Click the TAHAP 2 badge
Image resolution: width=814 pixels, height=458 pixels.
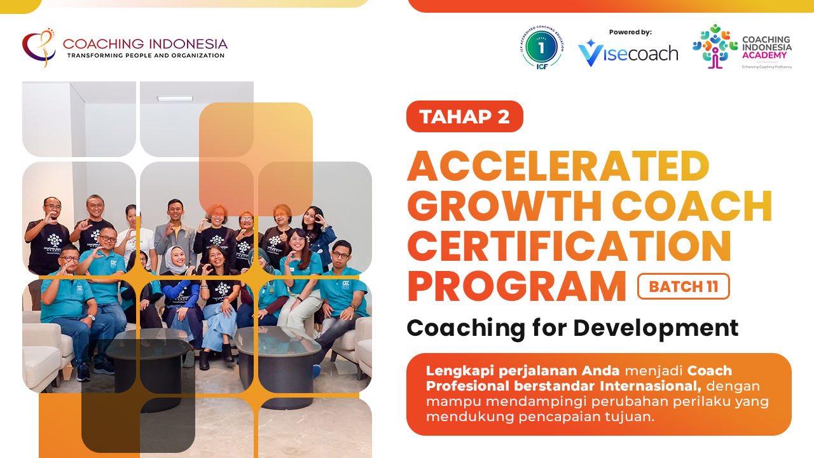[x=464, y=116]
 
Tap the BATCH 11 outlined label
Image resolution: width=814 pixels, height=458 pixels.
[x=683, y=286]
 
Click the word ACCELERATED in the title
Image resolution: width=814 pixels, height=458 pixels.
[x=558, y=167]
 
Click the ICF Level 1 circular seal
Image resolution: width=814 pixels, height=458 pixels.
[x=541, y=48]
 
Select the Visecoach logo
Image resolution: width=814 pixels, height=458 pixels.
[x=628, y=53]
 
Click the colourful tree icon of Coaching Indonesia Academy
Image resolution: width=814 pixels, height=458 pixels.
[x=715, y=46]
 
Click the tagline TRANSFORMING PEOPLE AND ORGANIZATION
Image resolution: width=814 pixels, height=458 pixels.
[x=146, y=56]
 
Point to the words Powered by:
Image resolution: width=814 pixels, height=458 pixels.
[x=630, y=32]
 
